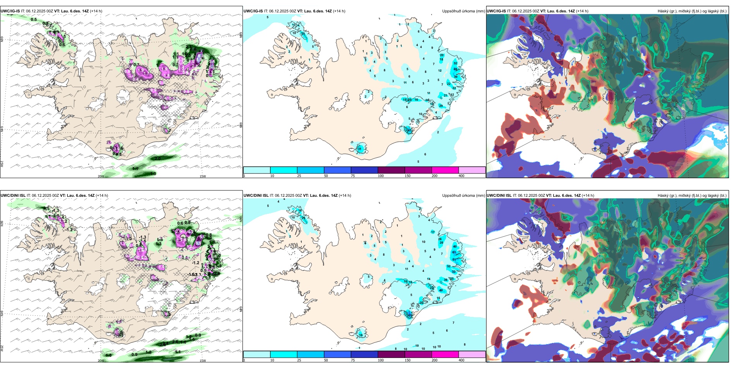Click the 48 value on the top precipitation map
[x=456, y=69]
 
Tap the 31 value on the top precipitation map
[x=359, y=149]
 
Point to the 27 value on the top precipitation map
[x=303, y=34]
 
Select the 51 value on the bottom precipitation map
[x=454, y=260]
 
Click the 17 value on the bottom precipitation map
[x=433, y=232]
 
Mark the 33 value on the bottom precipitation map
[x=454, y=272]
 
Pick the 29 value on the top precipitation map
[x=441, y=106]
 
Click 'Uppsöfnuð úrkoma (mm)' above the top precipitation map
[x=463, y=11]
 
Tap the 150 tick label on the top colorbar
[x=407, y=176]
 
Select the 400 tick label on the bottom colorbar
[x=461, y=360]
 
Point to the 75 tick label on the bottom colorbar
[x=353, y=360]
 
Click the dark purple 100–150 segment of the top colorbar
[x=391, y=170]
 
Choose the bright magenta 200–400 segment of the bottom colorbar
[x=445, y=354]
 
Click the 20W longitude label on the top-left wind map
[x=101, y=176]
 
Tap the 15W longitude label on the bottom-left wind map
[x=203, y=361]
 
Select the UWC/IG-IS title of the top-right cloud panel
[x=496, y=11]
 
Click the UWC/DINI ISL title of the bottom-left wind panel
[x=13, y=196]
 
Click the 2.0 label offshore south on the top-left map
[x=158, y=158]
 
